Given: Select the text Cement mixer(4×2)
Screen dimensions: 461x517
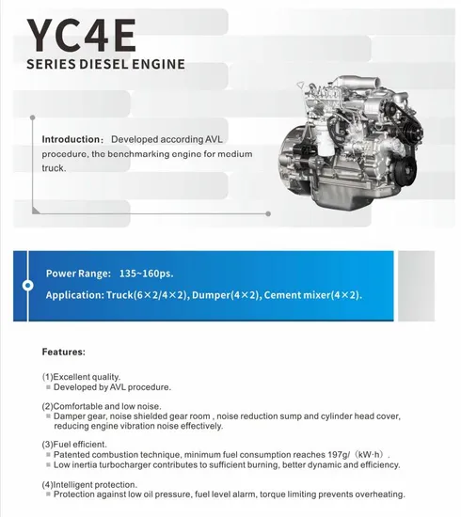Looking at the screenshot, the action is click(312, 295).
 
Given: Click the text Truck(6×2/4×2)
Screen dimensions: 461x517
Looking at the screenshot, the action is click(150, 295).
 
